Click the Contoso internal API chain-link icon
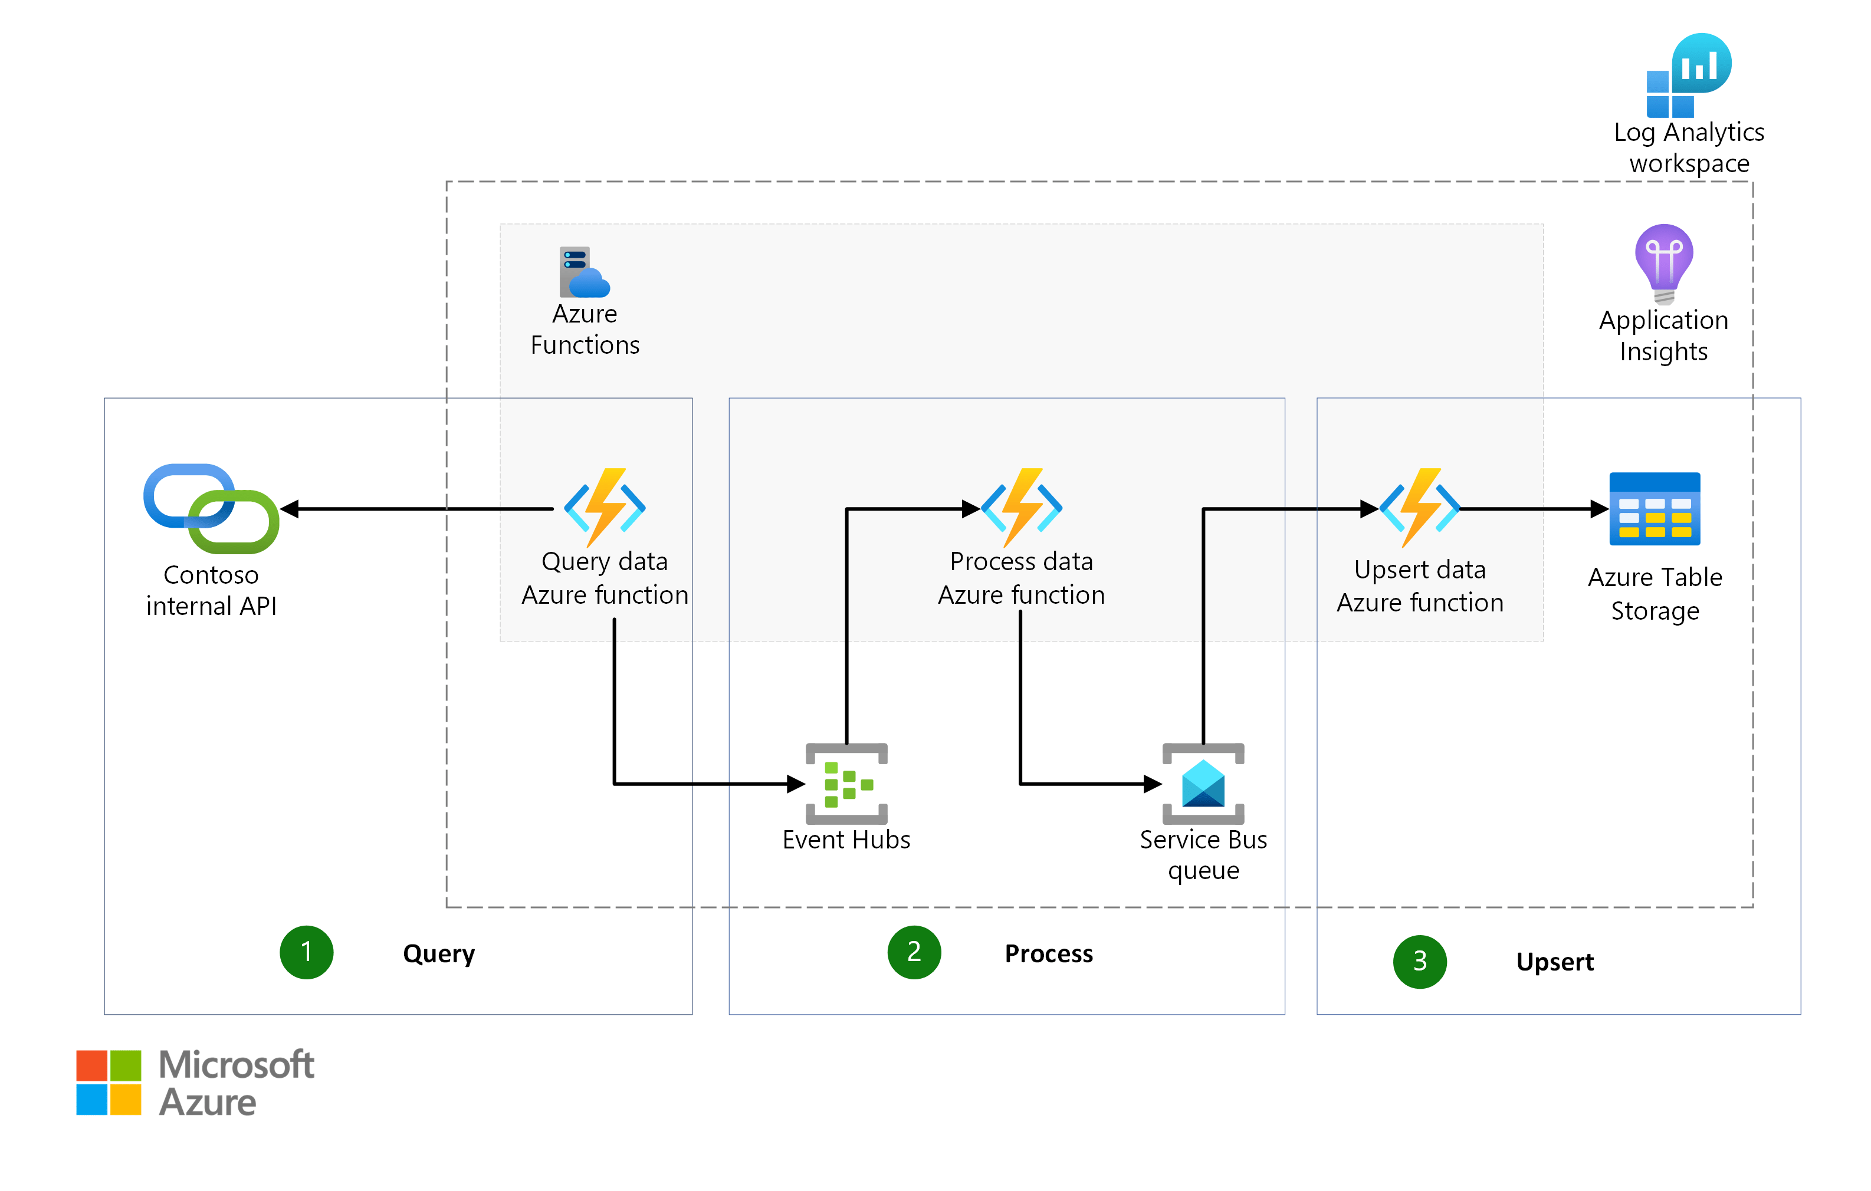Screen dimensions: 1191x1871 pyautogui.click(x=211, y=509)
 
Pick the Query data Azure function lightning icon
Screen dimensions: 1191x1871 pyautogui.click(x=605, y=507)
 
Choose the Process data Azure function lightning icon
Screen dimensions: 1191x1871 pyautogui.click(x=1021, y=507)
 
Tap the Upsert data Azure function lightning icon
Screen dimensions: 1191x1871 pyautogui.click(x=1420, y=507)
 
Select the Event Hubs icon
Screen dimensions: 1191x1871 pyautogui.click(x=846, y=784)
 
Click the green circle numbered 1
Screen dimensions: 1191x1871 pyautogui.click(x=306, y=952)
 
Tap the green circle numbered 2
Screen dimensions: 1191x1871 pyautogui.click(x=914, y=952)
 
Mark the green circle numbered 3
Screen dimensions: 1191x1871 pyautogui.click(x=1420, y=962)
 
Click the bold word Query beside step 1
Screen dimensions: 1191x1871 pyautogui.click(x=438, y=954)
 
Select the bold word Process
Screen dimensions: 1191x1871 pyautogui.click(x=1048, y=954)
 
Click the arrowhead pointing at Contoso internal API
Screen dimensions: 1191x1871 pyautogui.click(x=290, y=509)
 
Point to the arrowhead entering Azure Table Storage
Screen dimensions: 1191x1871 pyautogui.click(x=1598, y=509)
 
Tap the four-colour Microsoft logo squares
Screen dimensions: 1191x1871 pyautogui.click(x=109, y=1083)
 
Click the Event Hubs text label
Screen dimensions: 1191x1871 pyautogui.click(x=846, y=840)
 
